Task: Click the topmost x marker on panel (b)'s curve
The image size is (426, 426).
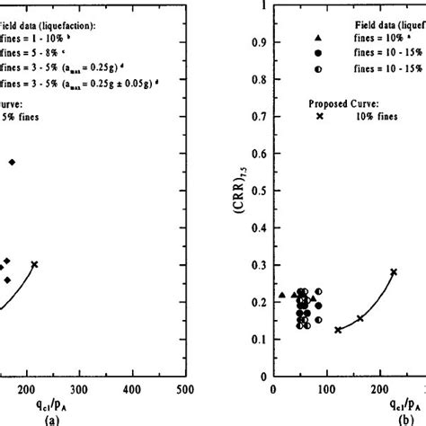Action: point(393,272)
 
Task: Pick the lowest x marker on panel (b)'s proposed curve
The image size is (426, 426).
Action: point(338,330)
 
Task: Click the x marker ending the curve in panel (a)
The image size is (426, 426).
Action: point(34,264)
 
